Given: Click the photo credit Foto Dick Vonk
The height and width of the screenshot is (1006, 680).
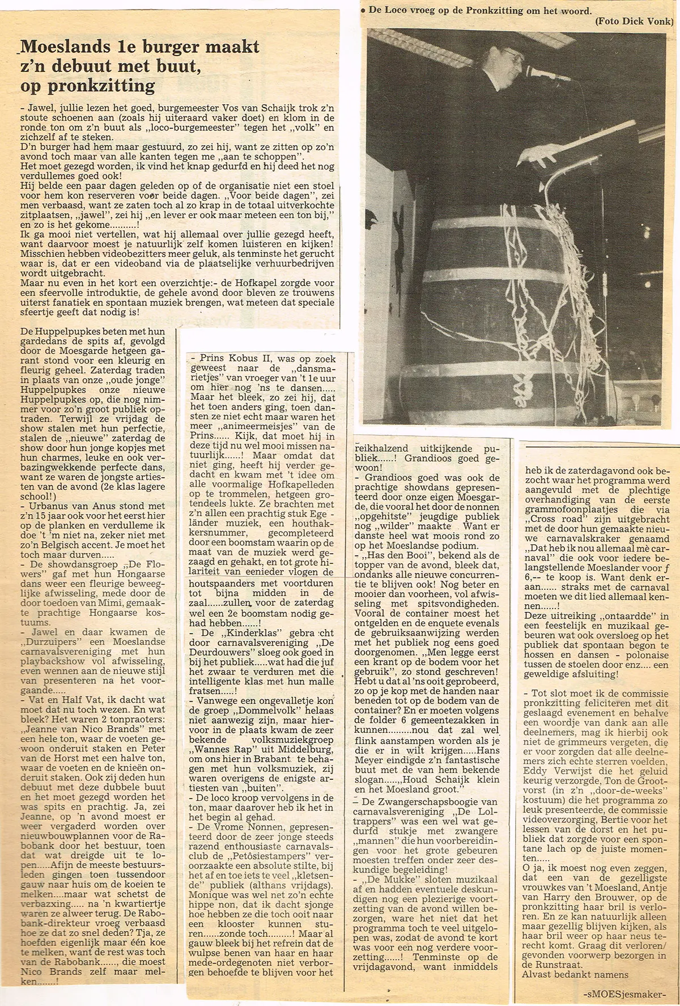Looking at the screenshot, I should (634, 21).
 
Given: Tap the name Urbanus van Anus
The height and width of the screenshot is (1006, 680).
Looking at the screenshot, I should (71, 506).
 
